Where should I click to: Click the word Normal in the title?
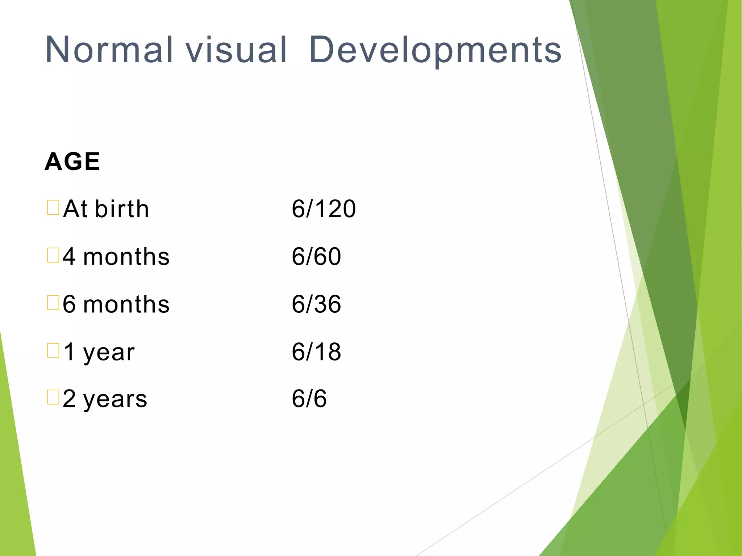tap(109, 50)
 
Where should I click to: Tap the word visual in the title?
tap(236, 50)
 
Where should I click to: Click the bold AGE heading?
tap(72, 161)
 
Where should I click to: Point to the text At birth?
tap(106, 209)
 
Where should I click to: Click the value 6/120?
tap(324, 209)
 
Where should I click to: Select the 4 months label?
tap(116, 257)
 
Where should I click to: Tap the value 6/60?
tap(316, 257)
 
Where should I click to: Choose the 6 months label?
tap(116, 304)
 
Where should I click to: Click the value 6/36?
tap(316, 304)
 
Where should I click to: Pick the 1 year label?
tap(99, 352)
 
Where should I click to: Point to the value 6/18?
tap(316, 352)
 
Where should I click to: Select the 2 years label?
tap(105, 399)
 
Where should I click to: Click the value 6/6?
tap(309, 399)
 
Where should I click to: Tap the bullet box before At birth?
tap(53, 207)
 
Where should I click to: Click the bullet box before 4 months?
tap(53, 255)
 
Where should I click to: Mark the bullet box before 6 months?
tap(53, 303)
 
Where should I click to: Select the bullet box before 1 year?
tap(53, 350)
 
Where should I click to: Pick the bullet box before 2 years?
tap(53, 397)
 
